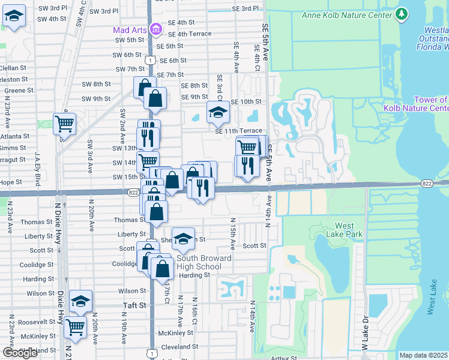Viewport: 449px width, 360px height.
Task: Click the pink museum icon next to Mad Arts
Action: point(155,29)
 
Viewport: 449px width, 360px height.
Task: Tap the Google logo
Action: point(20,353)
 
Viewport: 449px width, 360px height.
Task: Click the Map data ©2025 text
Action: point(424,355)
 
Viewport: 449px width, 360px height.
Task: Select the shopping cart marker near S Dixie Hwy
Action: point(64,124)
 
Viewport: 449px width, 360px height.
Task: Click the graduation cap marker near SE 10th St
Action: point(218,112)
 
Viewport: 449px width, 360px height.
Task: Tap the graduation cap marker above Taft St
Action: point(80,301)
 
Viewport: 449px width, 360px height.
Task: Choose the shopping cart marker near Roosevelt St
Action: point(75,327)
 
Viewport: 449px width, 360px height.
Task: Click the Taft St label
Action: point(134,305)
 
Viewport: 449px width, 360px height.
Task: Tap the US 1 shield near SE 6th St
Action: point(150,60)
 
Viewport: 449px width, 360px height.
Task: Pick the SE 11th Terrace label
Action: point(239,131)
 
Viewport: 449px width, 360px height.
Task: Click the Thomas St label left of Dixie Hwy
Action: point(32,222)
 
